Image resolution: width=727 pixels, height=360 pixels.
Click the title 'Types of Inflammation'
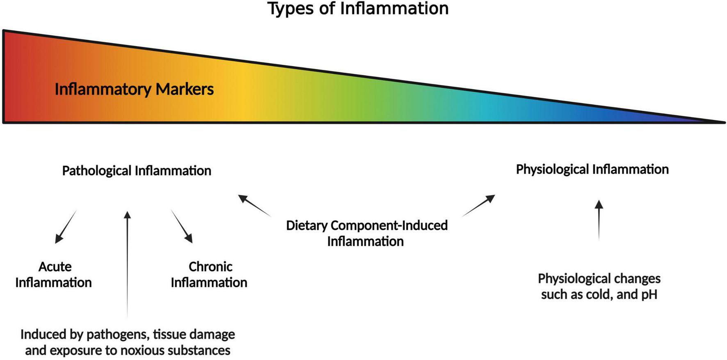tap(358, 8)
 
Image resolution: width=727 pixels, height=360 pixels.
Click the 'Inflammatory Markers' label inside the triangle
tap(134, 89)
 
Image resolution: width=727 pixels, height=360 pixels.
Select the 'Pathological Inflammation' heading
tap(137, 170)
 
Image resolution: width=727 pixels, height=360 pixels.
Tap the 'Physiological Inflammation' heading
tap(592, 169)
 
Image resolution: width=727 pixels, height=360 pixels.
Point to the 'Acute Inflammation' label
tap(54, 274)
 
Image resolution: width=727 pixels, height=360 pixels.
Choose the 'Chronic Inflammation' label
tap(209, 274)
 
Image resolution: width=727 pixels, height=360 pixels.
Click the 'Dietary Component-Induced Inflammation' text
tap(366, 233)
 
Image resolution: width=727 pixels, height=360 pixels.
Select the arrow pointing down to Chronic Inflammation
tap(182, 227)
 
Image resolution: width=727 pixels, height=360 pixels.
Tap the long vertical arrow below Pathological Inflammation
tap(127, 263)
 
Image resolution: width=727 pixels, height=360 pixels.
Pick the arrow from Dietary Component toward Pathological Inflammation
tap(254, 205)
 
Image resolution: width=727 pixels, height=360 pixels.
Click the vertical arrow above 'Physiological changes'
tap(599, 220)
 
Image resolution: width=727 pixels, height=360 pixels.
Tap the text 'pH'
tap(649, 294)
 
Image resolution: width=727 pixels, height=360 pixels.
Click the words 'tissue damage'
tap(194, 335)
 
